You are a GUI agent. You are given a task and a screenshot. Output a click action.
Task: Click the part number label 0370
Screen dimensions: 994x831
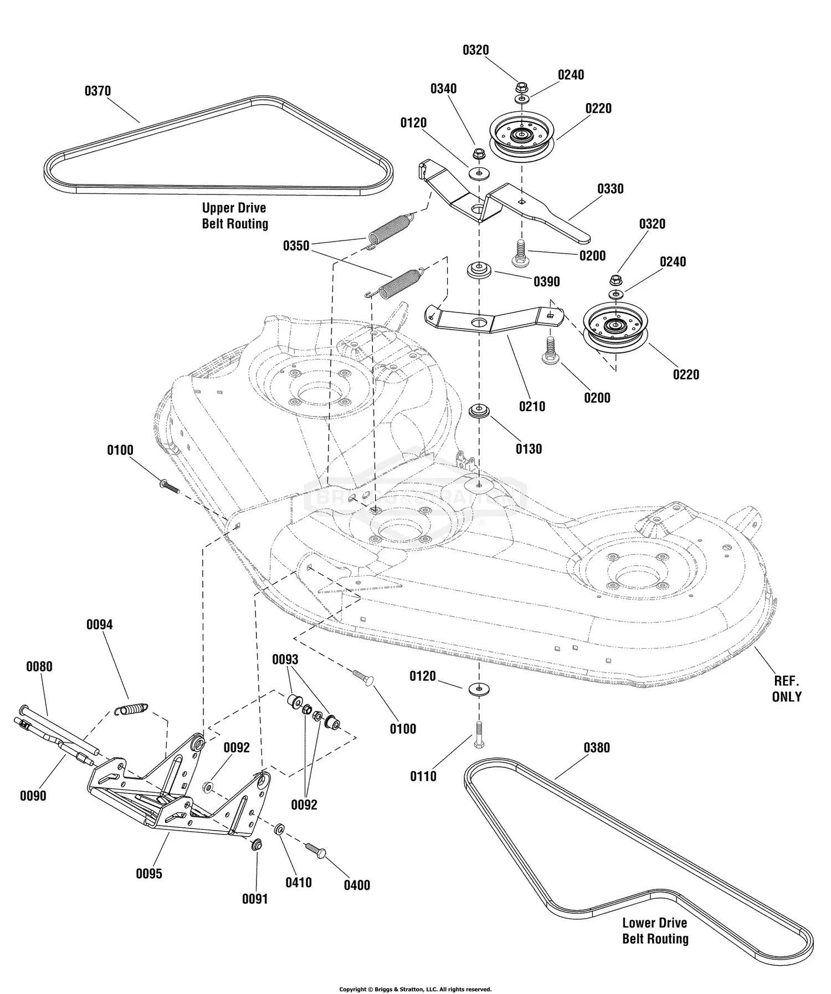coord(98,91)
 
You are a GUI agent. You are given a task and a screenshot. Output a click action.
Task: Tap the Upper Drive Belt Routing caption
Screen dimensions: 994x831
coord(234,216)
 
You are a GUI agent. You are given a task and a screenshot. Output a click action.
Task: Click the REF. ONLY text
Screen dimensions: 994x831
coord(786,689)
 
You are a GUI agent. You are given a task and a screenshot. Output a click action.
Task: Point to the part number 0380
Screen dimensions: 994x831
coord(597,748)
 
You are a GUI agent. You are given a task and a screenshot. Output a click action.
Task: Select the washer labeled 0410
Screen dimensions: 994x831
coord(280,829)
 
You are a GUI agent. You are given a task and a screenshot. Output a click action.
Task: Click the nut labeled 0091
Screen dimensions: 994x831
coord(256,845)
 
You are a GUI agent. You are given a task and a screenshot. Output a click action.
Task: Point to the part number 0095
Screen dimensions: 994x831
coord(149,874)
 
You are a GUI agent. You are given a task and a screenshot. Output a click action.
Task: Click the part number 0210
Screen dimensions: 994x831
coord(532,407)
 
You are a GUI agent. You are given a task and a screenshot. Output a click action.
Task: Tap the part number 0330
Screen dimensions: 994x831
coord(610,189)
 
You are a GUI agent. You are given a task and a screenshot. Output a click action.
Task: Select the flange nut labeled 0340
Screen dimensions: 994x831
coord(478,153)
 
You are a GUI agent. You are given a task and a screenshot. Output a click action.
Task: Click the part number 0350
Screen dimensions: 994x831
coord(296,245)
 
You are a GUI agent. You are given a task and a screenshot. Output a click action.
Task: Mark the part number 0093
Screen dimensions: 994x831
coord(285,659)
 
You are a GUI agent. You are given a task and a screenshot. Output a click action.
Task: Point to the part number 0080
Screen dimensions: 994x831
coord(39,667)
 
